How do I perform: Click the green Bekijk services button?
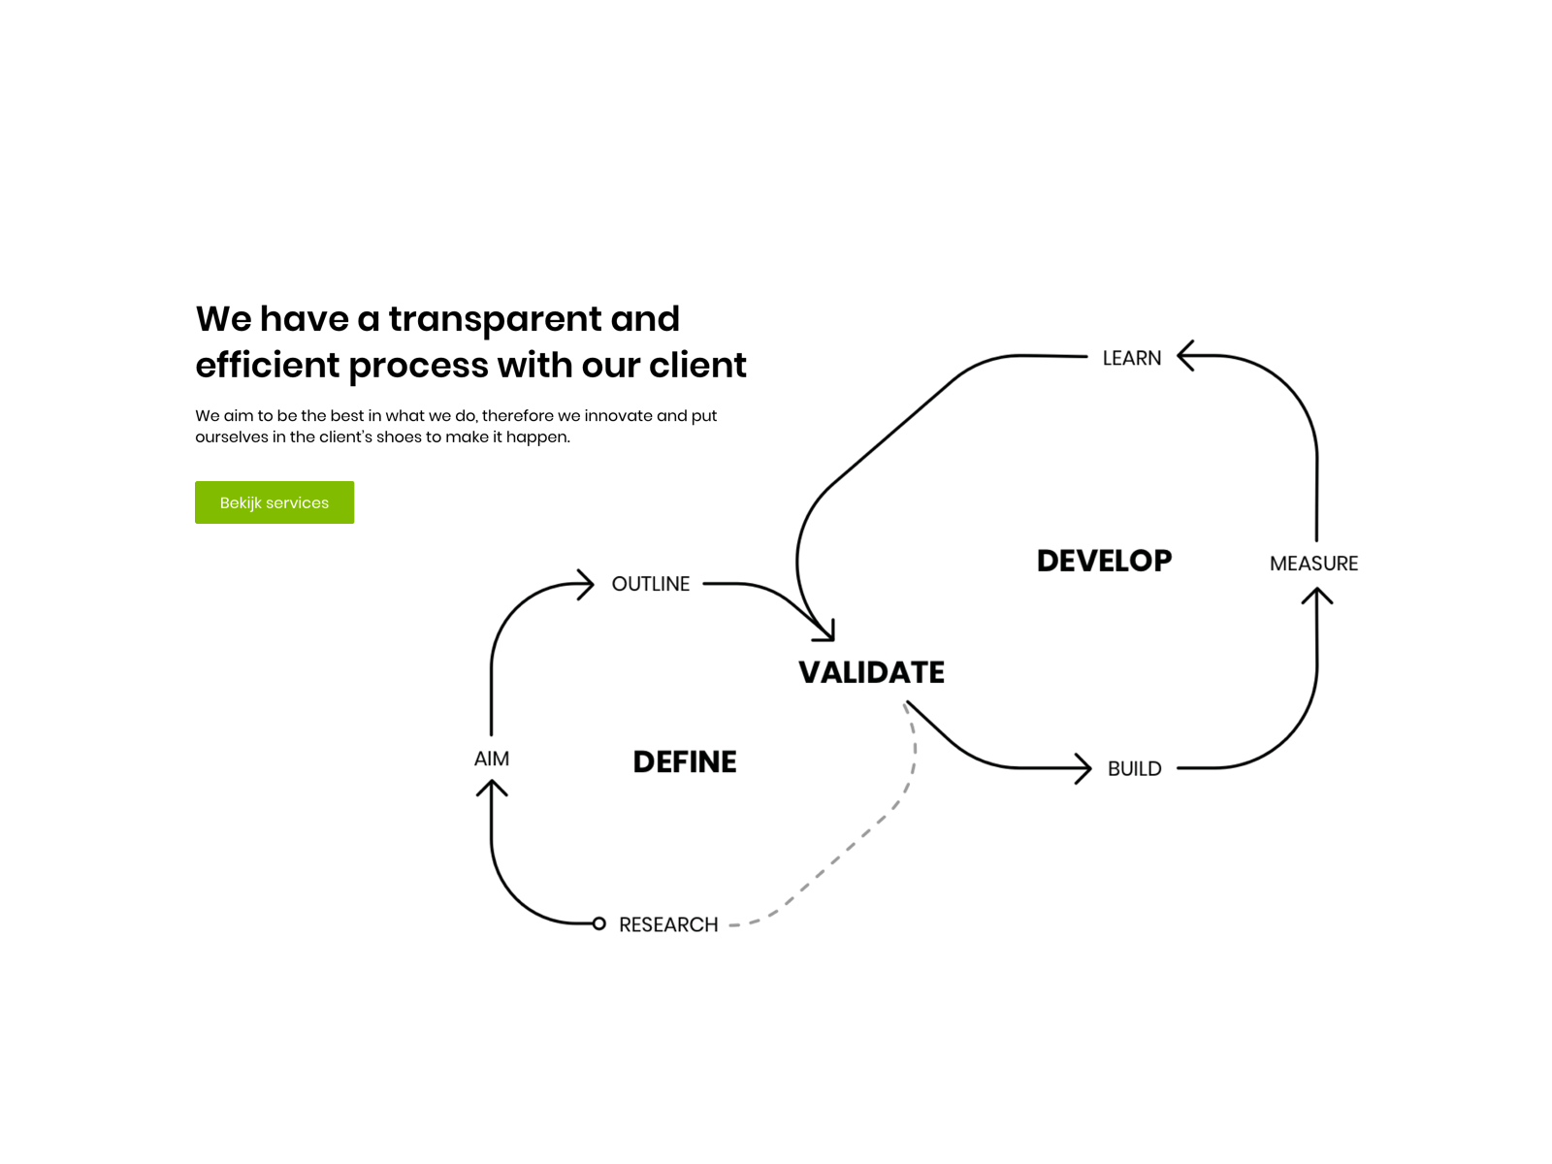274,502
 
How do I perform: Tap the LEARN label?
1131,358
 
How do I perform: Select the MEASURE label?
1313,564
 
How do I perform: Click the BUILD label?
1134,769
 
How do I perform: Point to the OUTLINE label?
650,584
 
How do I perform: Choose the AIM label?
491,759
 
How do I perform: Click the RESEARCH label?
668,924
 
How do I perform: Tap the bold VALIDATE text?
871,672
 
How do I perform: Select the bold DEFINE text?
685,762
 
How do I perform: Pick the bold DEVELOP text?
1104,561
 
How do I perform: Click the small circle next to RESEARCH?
599,923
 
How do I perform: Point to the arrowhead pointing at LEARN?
1185,356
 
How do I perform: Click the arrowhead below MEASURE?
1316,595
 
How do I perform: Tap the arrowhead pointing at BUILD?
1083,768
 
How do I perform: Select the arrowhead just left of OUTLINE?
585,584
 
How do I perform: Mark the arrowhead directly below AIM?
492,788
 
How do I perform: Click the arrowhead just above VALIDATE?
825,631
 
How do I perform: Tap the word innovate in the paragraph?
618,415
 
